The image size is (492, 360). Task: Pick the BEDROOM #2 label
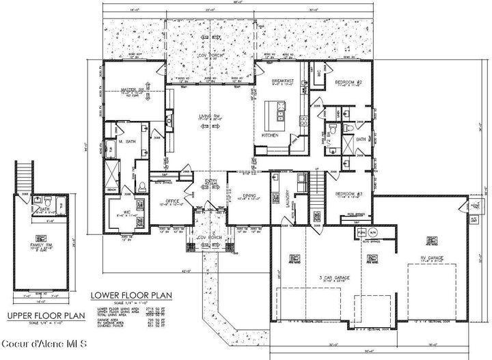348,83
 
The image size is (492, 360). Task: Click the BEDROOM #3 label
348,194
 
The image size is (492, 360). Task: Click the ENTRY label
211,181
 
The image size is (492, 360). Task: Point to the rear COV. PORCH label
211,55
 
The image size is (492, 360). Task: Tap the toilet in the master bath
141,186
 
